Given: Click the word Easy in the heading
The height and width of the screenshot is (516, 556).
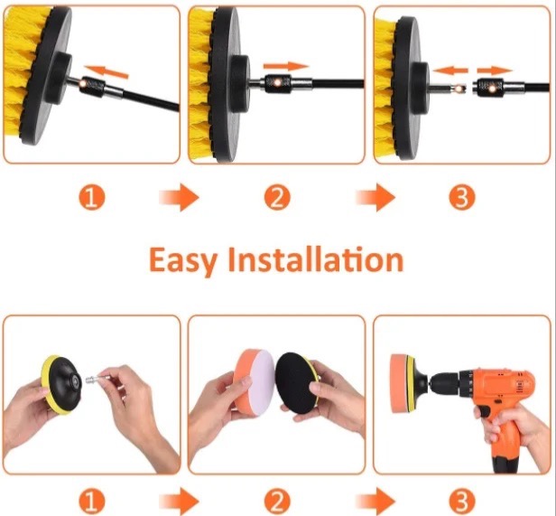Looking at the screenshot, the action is point(182,260).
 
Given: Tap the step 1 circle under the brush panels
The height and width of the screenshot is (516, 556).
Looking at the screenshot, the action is point(92,197).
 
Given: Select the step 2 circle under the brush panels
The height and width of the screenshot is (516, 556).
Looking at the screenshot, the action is point(277,197).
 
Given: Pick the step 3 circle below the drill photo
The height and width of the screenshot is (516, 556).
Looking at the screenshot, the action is point(462,502).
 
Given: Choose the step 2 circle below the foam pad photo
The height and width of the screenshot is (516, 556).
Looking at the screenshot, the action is point(277,502).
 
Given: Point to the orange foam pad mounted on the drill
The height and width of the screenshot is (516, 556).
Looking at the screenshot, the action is point(399,383).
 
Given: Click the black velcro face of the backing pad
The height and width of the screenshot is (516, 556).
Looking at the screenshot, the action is point(295,383).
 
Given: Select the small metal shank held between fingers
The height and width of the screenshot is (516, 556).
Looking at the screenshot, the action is point(93,380).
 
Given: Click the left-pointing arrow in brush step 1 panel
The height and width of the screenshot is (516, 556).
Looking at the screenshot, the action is point(107,71).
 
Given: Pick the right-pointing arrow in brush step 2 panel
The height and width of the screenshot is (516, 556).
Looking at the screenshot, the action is point(286,66).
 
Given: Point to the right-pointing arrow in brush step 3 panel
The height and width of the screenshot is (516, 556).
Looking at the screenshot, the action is point(495,70).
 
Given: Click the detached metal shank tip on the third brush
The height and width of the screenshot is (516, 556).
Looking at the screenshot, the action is point(449,87).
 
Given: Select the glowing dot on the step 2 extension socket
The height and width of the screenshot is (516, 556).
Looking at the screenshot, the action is point(277,82).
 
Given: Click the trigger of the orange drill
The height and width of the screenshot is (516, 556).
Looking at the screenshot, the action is point(485,412).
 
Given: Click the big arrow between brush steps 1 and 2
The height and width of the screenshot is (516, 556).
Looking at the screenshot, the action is point(179,197).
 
